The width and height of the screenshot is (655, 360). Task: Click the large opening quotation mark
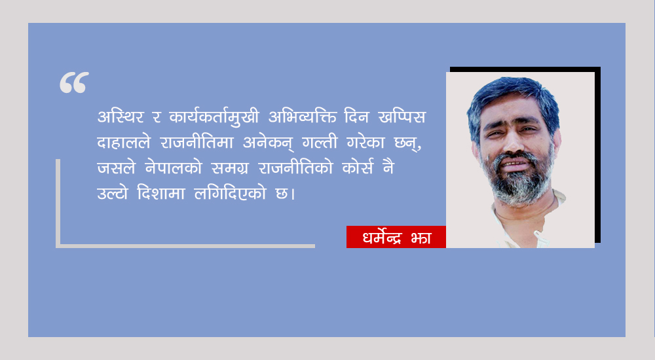75,82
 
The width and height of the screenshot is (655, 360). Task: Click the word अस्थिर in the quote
121,117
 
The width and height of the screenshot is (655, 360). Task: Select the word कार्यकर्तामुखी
214,117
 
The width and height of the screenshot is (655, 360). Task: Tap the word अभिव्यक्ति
302,117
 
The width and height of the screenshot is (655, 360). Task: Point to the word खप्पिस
402,117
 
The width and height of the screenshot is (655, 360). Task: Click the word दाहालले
124,143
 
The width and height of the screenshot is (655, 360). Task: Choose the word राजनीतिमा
196,143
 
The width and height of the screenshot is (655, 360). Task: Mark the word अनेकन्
268,143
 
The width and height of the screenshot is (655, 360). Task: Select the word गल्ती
320,143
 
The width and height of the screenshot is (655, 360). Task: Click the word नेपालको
174,168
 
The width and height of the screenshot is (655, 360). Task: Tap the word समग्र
230,168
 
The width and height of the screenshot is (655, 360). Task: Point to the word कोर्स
358,168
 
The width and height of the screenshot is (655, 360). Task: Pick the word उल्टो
113,193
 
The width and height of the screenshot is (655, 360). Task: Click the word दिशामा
161,193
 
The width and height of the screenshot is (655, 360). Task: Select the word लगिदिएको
230,193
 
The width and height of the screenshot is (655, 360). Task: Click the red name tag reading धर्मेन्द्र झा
396,237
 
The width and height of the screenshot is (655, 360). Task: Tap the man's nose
514,143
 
